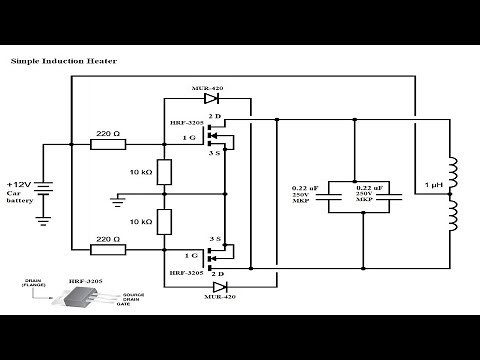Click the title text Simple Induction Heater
63,61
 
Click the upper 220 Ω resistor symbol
108,145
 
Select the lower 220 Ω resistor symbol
108,250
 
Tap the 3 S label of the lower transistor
213,238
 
